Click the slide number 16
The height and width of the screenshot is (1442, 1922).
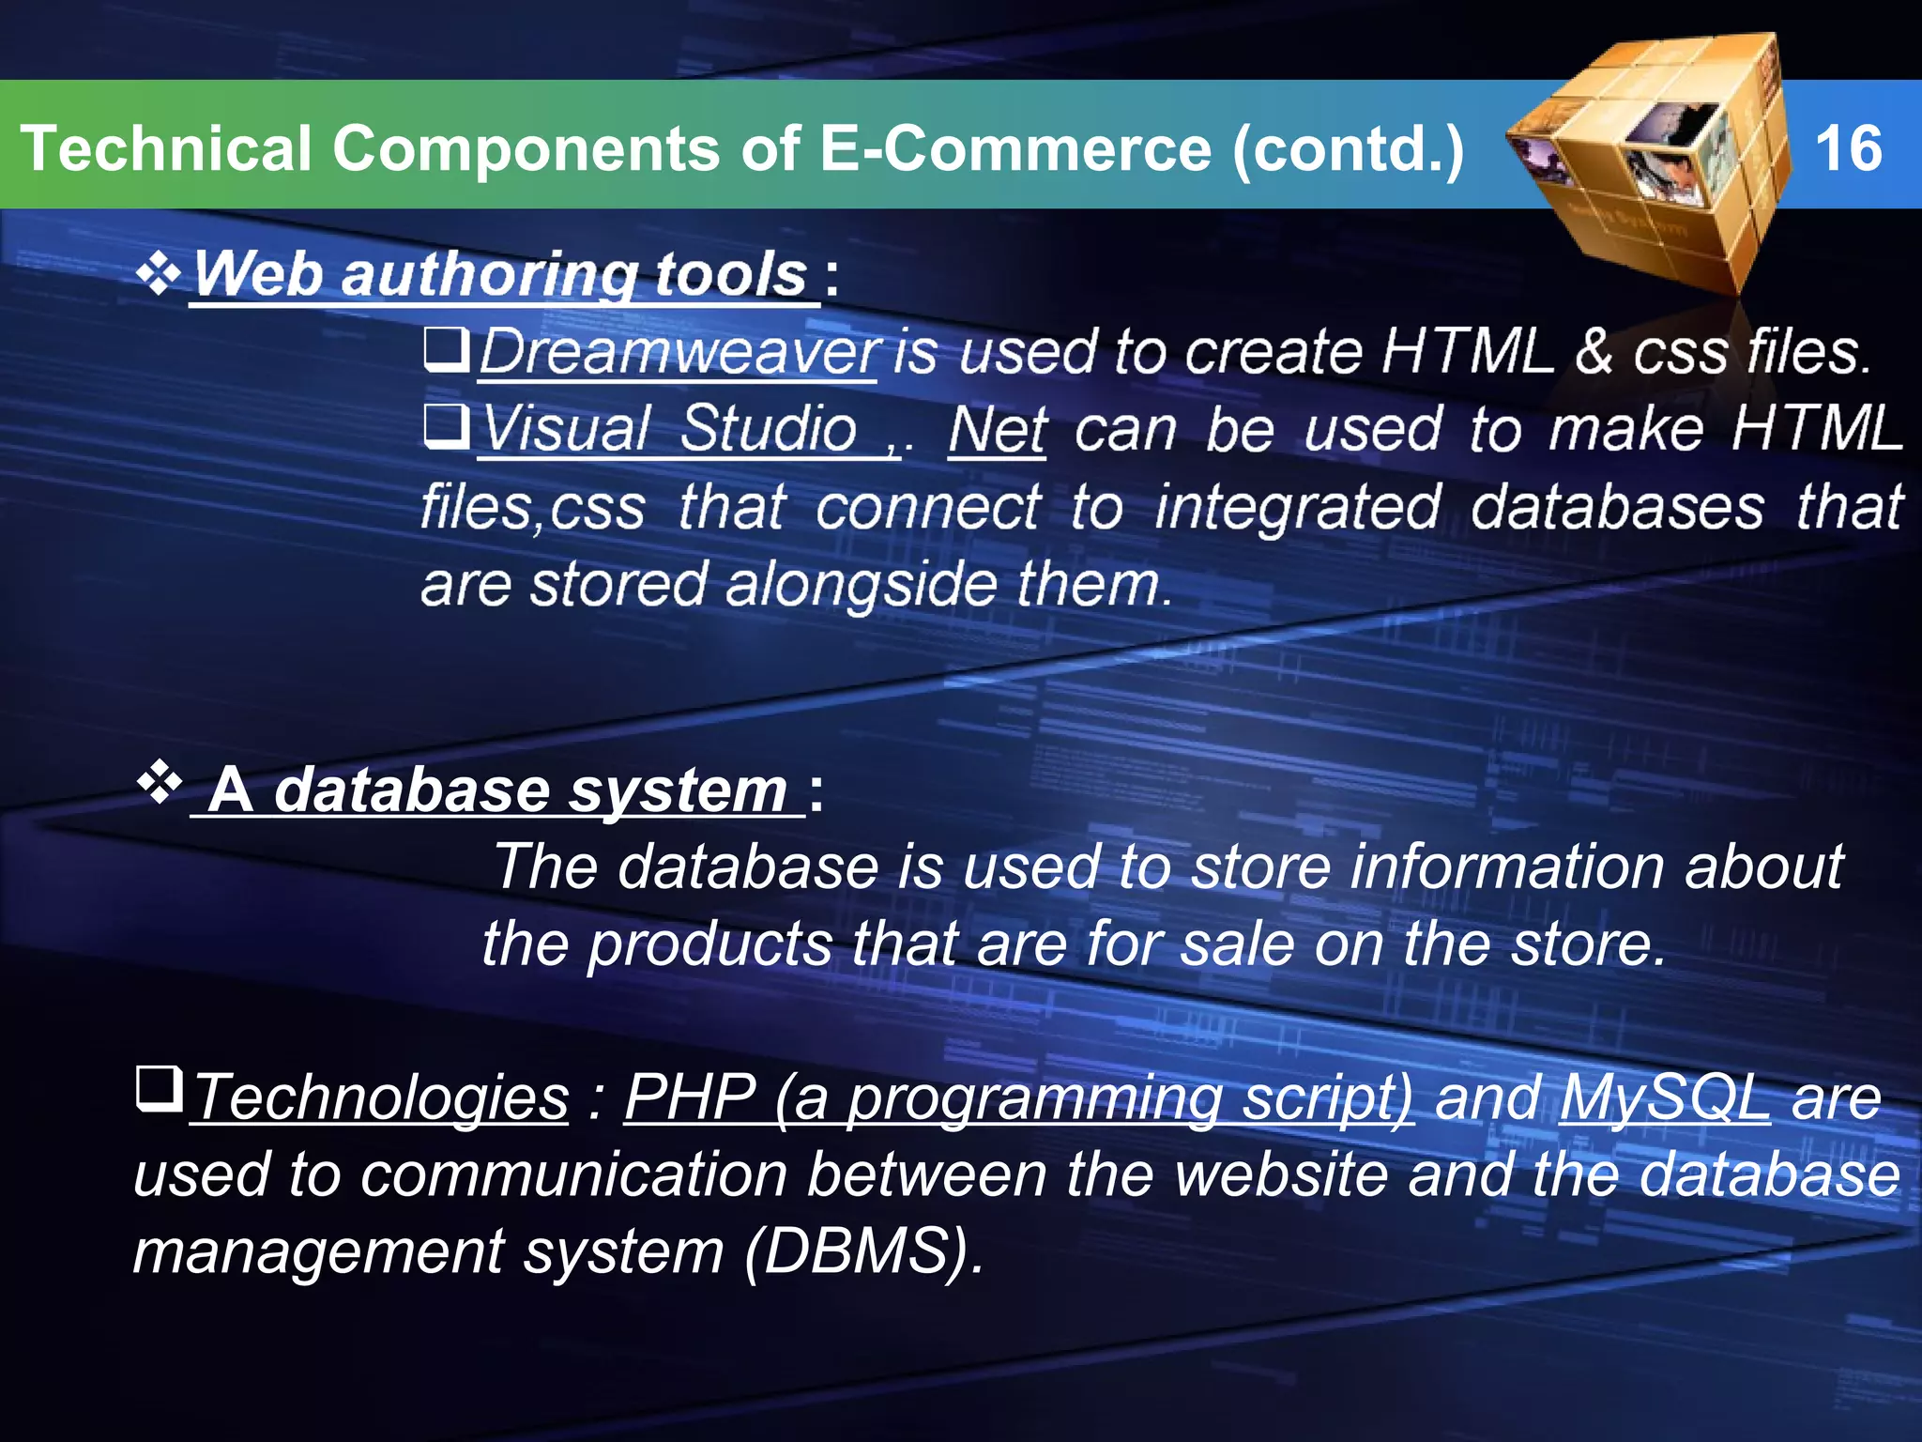pyautogui.click(x=1848, y=148)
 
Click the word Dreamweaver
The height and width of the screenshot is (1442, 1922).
pyautogui.click(x=679, y=353)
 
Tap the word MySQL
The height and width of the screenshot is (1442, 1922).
pyautogui.click(x=1664, y=1097)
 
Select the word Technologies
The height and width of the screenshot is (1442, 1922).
pyautogui.click(x=381, y=1097)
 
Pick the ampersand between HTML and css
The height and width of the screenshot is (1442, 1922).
pyautogui.click(x=1594, y=353)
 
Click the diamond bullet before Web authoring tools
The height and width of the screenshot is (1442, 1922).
pyautogui.click(x=159, y=274)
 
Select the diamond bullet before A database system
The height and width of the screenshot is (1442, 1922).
pyautogui.click(x=159, y=783)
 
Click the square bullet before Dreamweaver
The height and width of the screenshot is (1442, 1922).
pyautogui.click(x=446, y=349)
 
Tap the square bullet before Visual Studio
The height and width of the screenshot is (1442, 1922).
pyautogui.click(x=446, y=426)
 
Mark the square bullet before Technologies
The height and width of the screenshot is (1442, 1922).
pyautogui.click(x=159, y=1089)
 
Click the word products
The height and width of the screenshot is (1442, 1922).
pyautogui.click(x=710, y=943)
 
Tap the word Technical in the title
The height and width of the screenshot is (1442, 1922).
pyautogui.click(x=165, y=148)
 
